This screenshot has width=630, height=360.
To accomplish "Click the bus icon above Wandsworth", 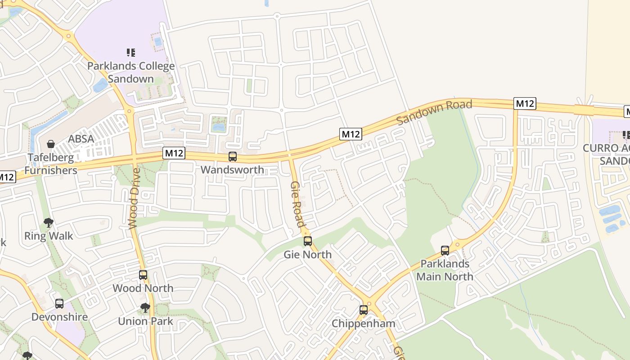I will [x=232, y=157].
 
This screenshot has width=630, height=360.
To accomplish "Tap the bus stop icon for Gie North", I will [x=308, y=241].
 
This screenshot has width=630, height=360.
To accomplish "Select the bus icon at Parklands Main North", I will [x=445, y=251].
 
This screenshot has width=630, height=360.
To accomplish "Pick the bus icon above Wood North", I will [x=143, y=274].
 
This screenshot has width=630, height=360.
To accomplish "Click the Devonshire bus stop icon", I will [x=59, y=304].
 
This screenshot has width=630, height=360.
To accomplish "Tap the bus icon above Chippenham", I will [x=364, y=310].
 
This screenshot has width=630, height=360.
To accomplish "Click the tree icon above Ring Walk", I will [x=49, y=222].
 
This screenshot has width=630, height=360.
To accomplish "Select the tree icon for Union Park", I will [x=145, y=308].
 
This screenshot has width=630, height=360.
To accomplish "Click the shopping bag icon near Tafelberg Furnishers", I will [x=51, y=144].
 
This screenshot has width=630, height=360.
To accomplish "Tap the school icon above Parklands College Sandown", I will [x=131, y=53].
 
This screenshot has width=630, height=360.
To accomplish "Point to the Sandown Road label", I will [x=434, y=112].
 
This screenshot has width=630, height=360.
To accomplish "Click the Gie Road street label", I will [x=297, y=205].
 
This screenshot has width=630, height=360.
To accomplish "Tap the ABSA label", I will [x=81, y=139].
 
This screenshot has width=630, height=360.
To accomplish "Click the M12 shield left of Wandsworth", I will [x=174, y=153].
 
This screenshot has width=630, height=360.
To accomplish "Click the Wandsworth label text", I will [x=232, y=170].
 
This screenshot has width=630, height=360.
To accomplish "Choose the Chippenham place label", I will [x=364, y=324].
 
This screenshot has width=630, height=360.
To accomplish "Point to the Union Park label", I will [x=145, y=321].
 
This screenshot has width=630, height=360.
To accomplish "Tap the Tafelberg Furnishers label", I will [x=51, y=164].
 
